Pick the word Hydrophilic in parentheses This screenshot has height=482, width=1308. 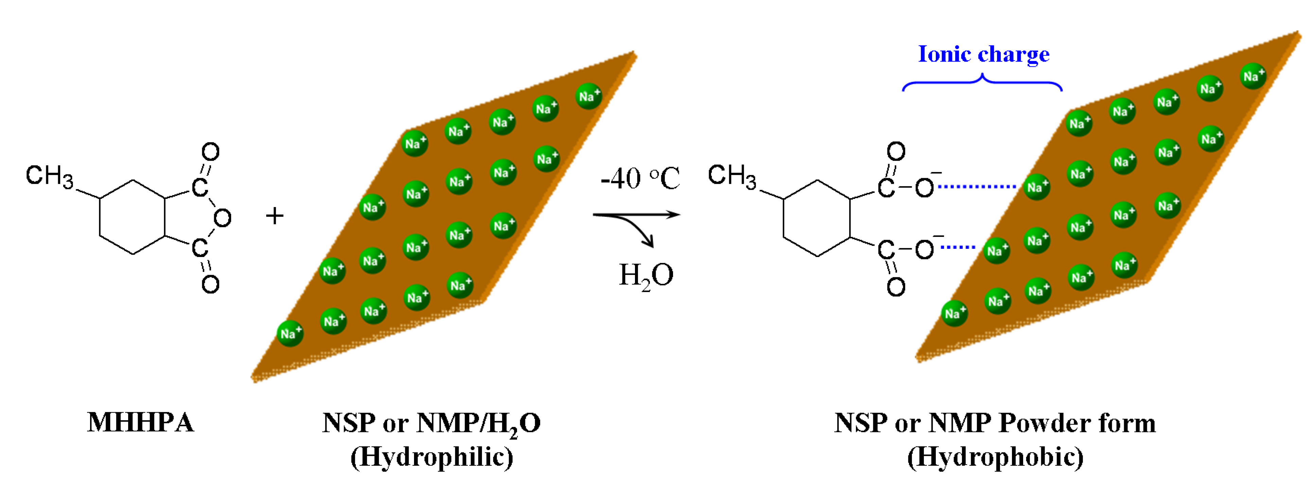click(432, 457)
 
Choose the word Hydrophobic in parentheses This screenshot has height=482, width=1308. click(995, 457)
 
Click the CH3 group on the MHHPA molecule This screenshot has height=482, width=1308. click(49, 176)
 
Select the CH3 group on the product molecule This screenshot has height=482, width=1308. click(732, 176)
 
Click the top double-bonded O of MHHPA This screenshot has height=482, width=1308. click(210, 151)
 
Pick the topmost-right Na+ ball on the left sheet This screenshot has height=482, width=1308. click(588, 96)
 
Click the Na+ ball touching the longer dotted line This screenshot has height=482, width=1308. click(1036, 187)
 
